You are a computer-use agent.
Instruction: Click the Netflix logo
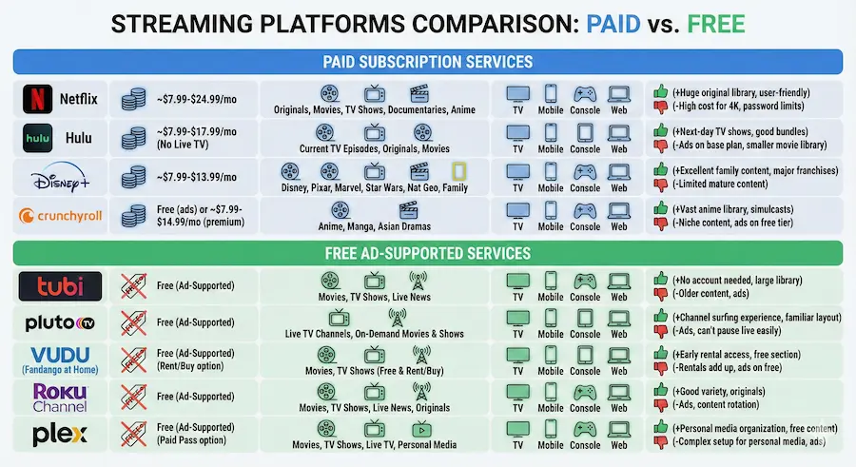[59, 99]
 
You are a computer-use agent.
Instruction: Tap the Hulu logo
[59, 138]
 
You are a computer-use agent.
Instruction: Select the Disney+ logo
[59, 177]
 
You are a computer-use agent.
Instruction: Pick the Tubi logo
[60, 286]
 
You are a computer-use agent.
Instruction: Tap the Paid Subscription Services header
[428, 62]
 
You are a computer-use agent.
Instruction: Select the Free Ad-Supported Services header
[428, 253]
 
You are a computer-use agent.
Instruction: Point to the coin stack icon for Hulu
[132, 138]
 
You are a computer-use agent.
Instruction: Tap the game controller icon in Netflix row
[583, 93]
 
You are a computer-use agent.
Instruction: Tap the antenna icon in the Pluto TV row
[398, 316]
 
